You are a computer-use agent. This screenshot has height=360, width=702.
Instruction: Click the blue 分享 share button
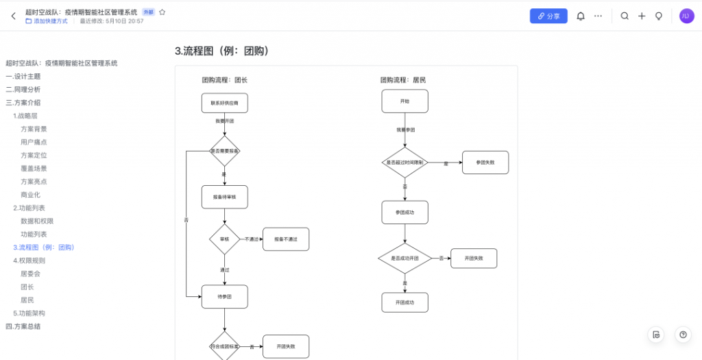click(x=548, y=16)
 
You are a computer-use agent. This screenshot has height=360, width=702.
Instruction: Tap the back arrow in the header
click(x=13, y=16)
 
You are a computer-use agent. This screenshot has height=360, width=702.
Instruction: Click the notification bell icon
click(x=581, y=16)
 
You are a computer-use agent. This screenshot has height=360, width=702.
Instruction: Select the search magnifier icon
click(x=625, y=16)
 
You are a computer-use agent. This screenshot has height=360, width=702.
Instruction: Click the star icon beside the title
click(x=162, y=12)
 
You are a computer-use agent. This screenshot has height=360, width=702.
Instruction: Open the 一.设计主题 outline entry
click(x=23, y=76)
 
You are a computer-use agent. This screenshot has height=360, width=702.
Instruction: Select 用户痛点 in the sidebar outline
click(x=34, y=142)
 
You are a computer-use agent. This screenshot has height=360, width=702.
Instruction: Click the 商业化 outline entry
click(x=30, y=195)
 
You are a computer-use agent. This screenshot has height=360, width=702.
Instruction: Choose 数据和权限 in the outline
click(x=37, y=221)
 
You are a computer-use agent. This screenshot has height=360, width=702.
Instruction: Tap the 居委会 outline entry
click(x=30, y=274)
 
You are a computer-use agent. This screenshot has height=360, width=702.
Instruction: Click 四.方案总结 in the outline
click(x=23, y=326)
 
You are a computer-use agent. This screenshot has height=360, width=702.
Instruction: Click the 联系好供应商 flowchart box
click(x=224, y=103)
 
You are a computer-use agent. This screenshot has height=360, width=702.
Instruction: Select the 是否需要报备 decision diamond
click(x=224, y=151)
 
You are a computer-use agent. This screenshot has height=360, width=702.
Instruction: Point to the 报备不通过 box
click(x=286, y=239)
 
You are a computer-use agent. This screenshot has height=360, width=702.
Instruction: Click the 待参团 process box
click(x=224, y=296)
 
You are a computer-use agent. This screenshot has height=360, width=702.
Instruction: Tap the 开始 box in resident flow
click(x=404, y=101)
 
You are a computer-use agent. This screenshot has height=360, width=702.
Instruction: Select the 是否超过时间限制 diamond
click(x=404, y=163)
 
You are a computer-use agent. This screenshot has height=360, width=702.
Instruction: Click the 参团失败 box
click(x=485, y=163)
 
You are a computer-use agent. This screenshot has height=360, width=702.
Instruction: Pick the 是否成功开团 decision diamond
click(x=404, y=258)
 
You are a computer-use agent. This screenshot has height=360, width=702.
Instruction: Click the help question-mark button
click(x=682, y=335)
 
